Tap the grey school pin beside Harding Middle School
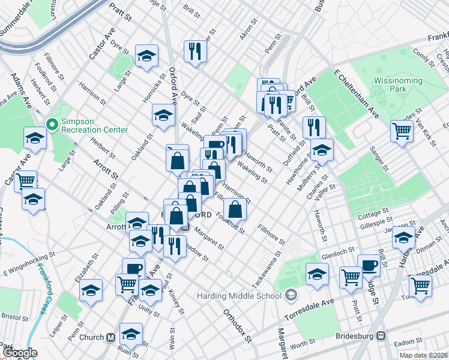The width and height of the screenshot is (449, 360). [x=291, y=295]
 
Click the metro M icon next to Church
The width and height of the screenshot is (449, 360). [x=110, y=337]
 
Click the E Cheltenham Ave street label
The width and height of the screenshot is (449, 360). [x=356, y=96]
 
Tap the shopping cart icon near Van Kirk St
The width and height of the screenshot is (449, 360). [x=402, y=130]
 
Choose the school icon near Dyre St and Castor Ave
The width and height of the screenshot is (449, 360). [x=146, y=56]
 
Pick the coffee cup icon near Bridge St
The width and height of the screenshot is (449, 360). [x=369, y=265]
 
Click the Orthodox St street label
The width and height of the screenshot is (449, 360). [x=238, y=326]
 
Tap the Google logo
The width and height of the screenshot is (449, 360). [x=20, y=353]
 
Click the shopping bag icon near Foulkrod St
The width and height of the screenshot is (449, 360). [x=236, y=209]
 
